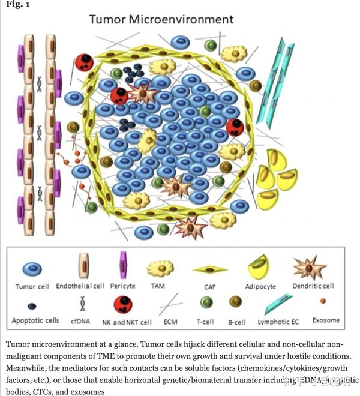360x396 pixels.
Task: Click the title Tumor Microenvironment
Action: pos(161,19)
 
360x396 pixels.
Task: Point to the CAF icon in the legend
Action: pos(211,269)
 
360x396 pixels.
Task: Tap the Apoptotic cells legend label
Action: pos(35,321)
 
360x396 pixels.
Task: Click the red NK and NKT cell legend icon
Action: pos(128,303)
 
